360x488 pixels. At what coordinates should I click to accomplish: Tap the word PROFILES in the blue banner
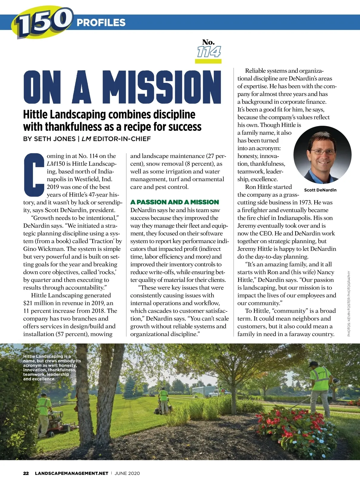click(101, 23)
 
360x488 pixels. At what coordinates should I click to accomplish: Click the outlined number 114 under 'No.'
click(208, 52)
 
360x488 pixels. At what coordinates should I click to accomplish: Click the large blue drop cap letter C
click(33, 174)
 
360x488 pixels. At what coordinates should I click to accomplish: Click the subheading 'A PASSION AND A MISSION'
click(175, 202)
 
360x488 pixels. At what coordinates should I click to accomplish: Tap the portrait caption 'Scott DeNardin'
click(320, 190)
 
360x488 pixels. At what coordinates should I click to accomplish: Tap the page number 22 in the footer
click(26, 473)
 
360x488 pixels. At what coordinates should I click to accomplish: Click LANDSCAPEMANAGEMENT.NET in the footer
click(71, 473)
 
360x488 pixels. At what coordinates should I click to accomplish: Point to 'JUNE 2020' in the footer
click(127, 473)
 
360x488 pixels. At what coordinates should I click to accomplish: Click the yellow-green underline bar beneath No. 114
click(208, 61)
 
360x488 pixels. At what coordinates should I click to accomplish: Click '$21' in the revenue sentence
click(28, 303)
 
